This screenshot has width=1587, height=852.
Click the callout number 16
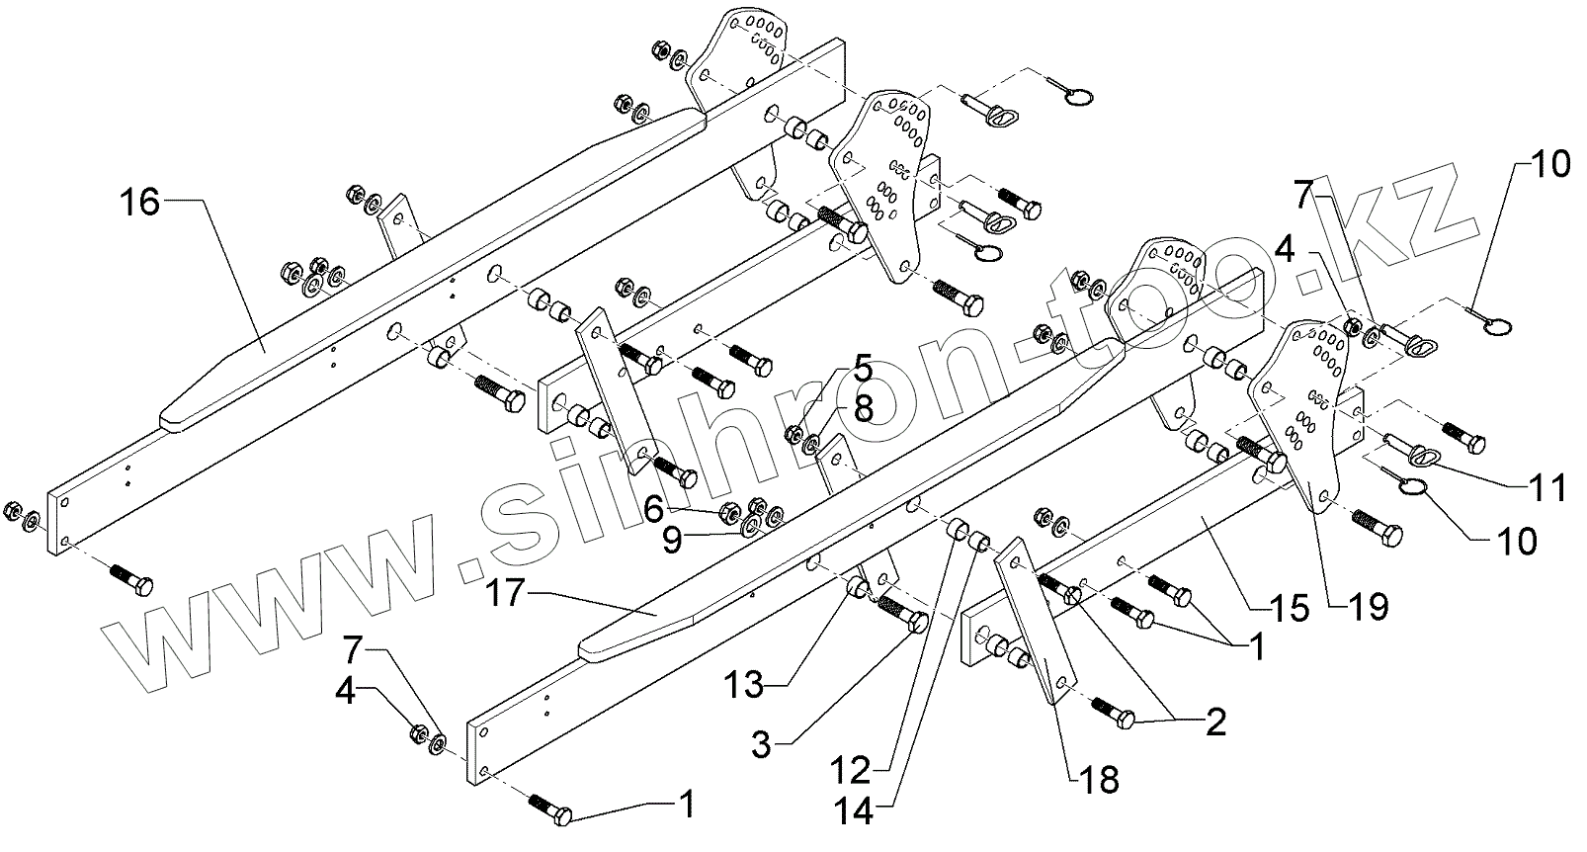click(139, 204)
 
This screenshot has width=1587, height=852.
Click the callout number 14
click(852, 811)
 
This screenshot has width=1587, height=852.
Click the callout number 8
click(863, 407)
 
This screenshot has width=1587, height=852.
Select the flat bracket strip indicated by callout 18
click(1028, 623)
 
